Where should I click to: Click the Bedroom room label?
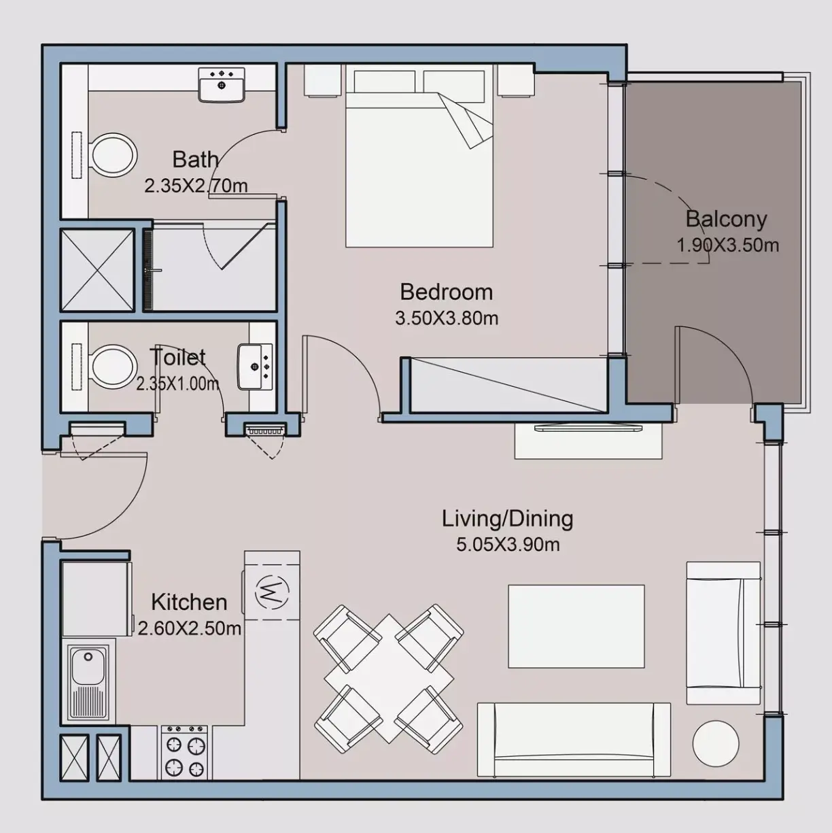tap(447, 292)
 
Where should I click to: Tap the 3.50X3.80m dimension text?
tap(447, 318)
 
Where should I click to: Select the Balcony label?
tap(726, 219)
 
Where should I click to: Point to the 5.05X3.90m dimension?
tap(508, 545)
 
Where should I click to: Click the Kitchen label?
tap(189, 602)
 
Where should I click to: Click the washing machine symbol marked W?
tap(272, 592)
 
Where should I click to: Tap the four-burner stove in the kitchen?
tap(185, 753)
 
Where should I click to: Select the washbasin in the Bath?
tap(222, 85)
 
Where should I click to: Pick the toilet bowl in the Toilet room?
tap(112, 367)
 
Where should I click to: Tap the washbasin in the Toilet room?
tap(256, 367)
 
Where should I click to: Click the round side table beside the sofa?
tap(716, 743)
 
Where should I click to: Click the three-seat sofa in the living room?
tap(574, 740)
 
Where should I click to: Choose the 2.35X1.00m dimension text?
tap(178, 384)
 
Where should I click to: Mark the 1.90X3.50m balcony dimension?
tap(728, 245)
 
